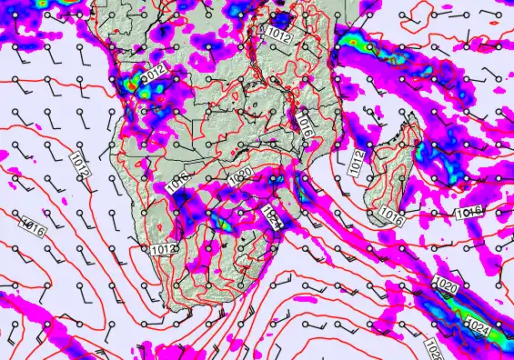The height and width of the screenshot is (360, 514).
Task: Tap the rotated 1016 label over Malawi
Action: pos(305,128)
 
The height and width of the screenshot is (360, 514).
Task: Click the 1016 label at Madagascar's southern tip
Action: pos(392,216)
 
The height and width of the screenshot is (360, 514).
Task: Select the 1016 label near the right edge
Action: pos(469,212)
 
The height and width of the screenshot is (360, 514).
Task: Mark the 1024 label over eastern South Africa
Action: pos(272,216)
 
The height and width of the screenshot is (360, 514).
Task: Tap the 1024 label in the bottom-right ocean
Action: pos(479,324)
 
